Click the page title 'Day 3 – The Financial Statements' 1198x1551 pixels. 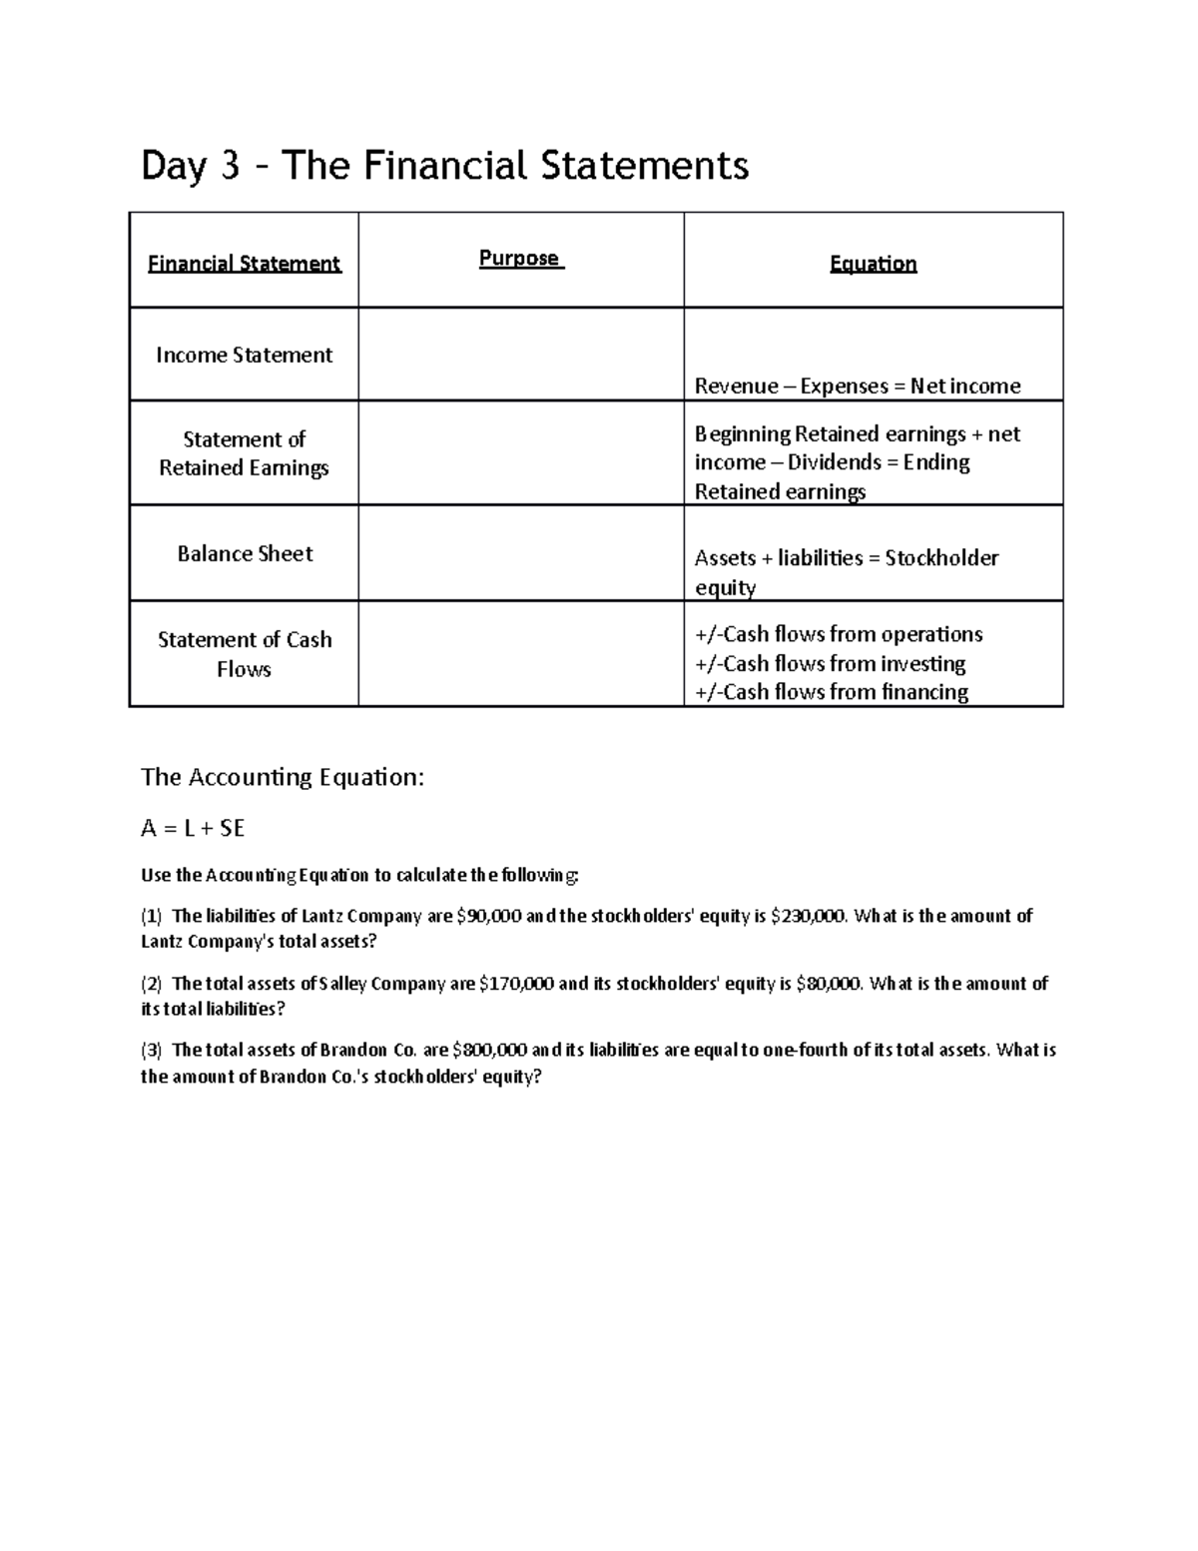(444, 166)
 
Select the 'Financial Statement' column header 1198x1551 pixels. (244, 264)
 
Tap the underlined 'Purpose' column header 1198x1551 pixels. (520, 259)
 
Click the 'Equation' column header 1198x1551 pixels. (873, 264)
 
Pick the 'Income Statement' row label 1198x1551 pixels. (244, 356)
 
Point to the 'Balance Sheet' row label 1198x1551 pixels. (245, 554)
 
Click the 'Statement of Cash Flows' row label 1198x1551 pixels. (245, 654)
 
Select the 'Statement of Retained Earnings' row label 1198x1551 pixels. (244, 453)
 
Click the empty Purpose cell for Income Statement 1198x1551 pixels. (520, 355)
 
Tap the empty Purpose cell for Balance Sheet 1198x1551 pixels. (520, 553)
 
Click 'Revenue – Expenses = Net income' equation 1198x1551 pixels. (857, 387)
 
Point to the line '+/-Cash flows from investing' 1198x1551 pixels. (830, 664)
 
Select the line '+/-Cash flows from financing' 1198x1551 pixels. (831, 692)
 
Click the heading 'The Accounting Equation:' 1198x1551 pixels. (283, 777)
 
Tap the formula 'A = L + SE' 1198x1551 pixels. (193, 828)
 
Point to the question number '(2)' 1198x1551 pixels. (151, 984)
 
